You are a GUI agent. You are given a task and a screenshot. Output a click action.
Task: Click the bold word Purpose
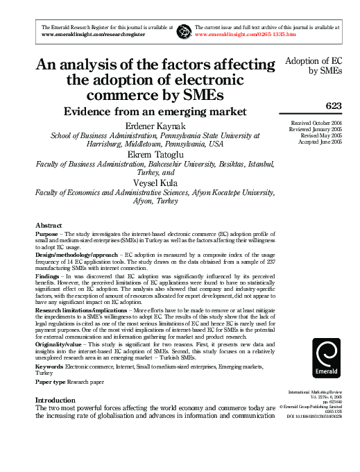[x=47, y=235]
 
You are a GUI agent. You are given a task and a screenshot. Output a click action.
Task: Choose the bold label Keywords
[x=50, y=365]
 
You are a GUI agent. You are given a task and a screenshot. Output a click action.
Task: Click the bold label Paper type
[x=51, y=382]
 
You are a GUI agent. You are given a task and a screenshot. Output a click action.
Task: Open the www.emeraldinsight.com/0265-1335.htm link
[x=246, y=33]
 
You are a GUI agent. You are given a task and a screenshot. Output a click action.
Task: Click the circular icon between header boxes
[x=184, y=30]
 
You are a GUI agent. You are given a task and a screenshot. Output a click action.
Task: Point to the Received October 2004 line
[x=317, y=124]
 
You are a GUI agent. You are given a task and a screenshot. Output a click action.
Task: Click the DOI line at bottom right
[x=314, y=416]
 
